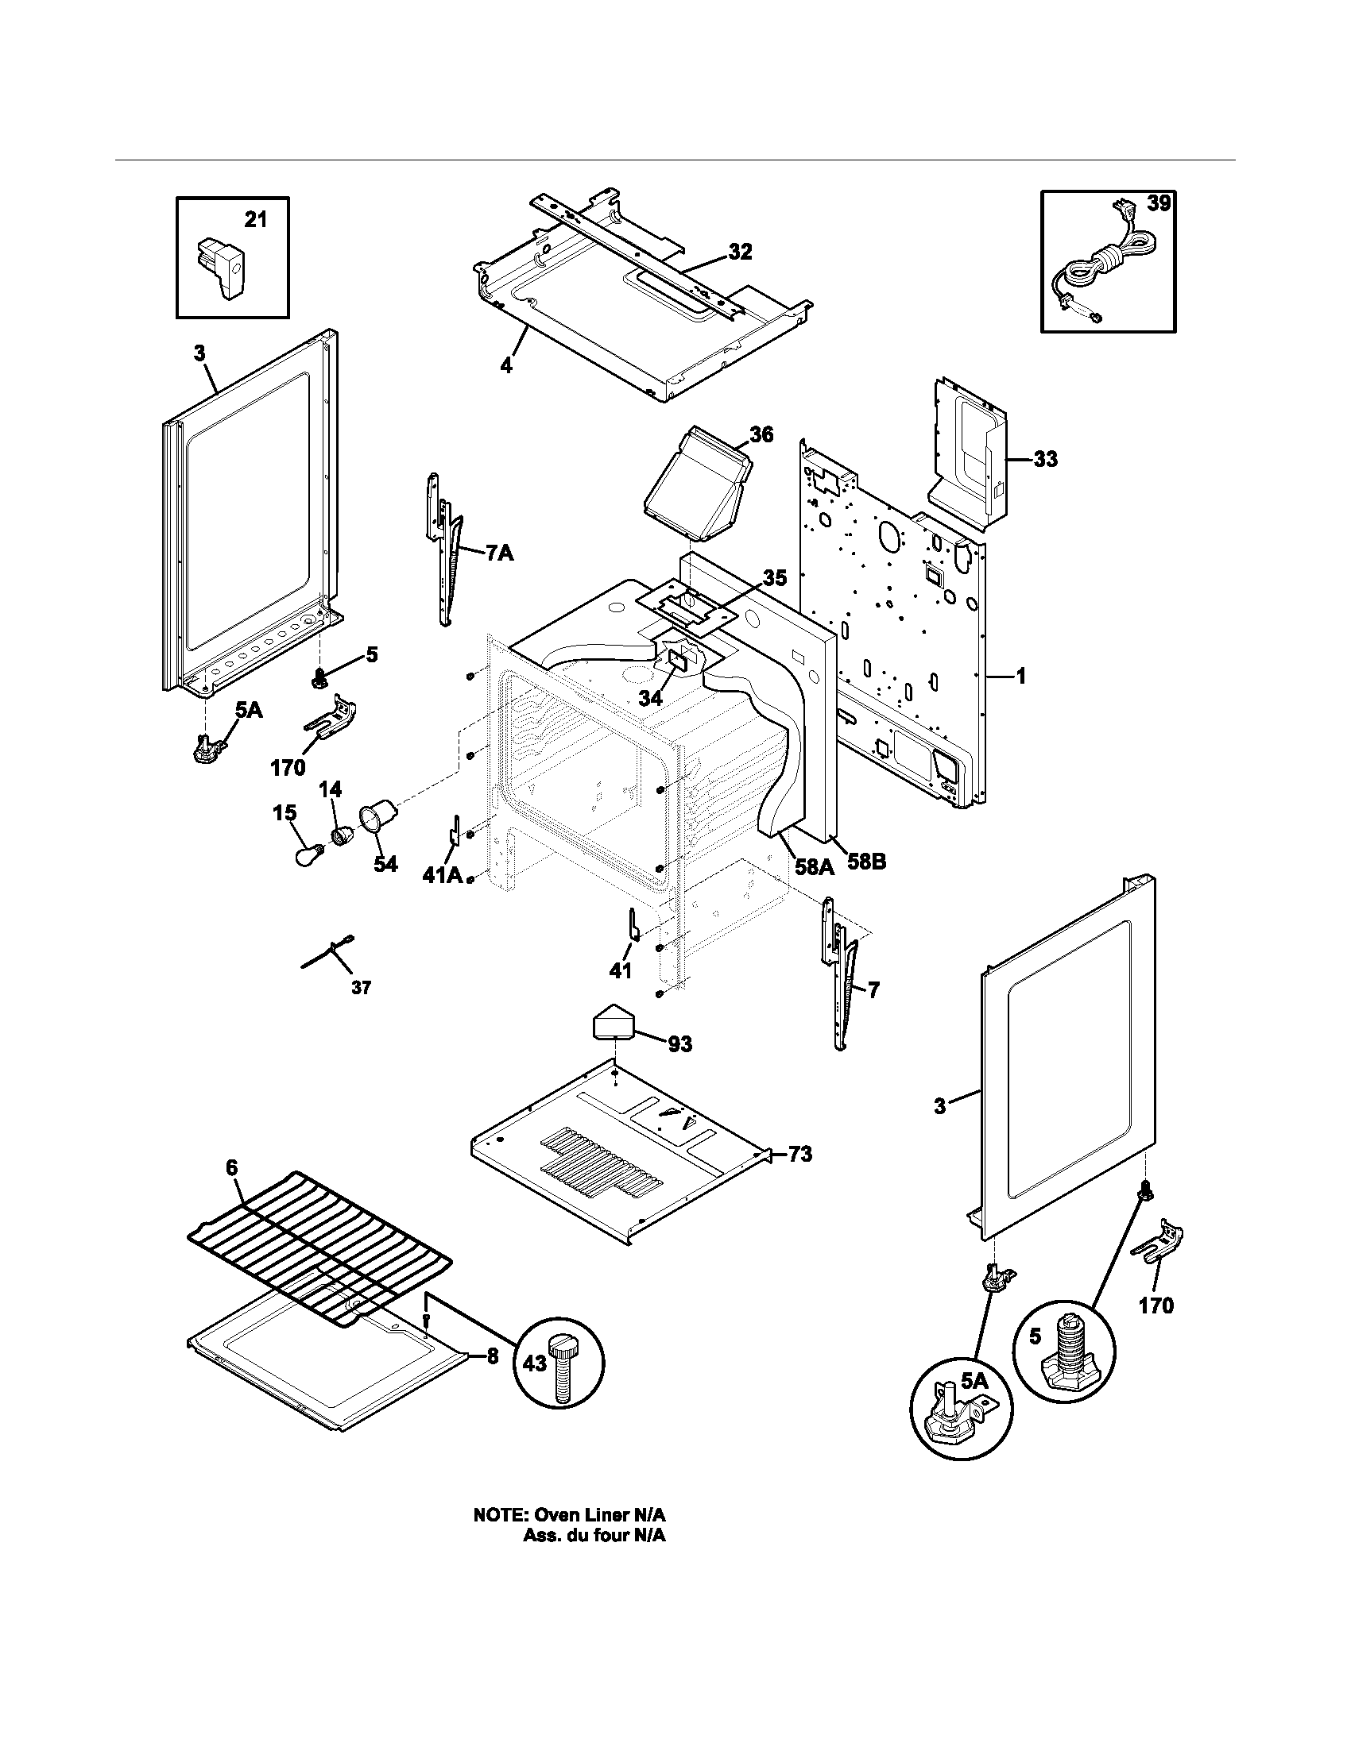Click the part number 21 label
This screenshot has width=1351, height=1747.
(x=255, y=220)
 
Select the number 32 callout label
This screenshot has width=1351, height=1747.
(x=740, y=252)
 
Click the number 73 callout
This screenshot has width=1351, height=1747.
(x=799, y=1154)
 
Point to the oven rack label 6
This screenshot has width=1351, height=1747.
(x=231, y=1168)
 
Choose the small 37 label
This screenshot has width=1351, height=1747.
(x=361, y=989)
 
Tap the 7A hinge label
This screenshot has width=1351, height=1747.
(x=499, y=553)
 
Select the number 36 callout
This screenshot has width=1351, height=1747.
(x=761, y=434)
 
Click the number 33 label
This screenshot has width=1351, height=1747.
(x=1045, y=459)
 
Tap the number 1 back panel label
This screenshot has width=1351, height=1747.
(x=1020, y=677)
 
